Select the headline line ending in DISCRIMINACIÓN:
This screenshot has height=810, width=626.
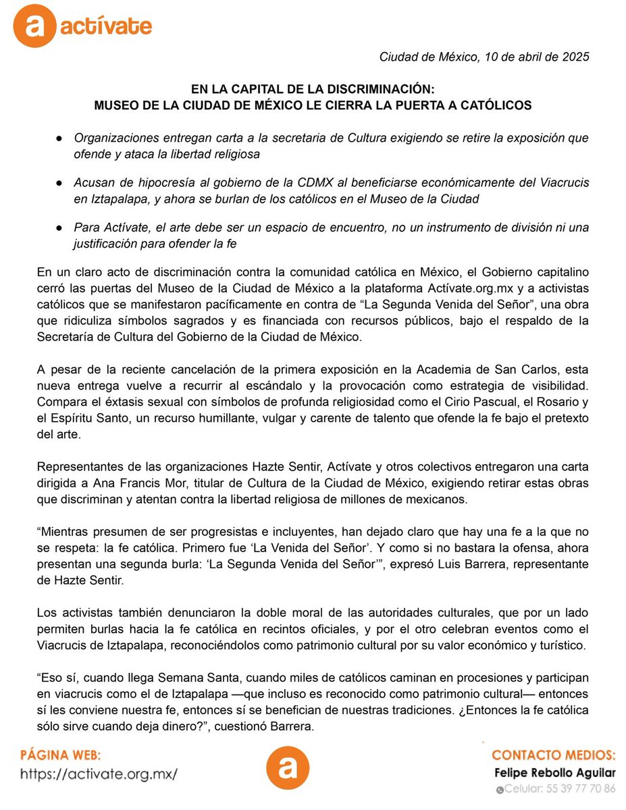(313, 90)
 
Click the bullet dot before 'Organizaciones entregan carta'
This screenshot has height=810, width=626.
(61, 138)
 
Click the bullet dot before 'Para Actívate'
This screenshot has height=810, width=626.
(61, 228)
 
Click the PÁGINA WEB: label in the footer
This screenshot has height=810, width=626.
(61, 754)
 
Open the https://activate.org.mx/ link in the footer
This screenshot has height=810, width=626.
(99, 774)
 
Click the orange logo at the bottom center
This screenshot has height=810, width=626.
(287, 769)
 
